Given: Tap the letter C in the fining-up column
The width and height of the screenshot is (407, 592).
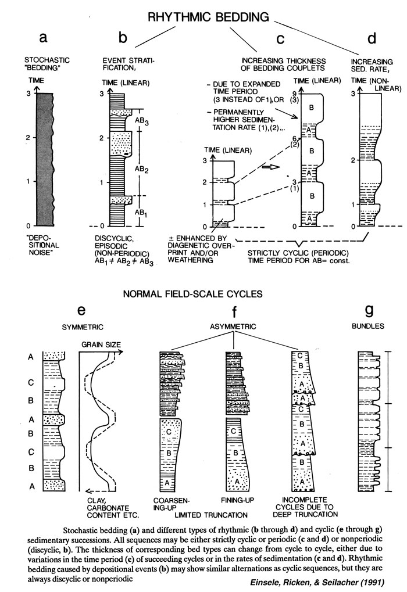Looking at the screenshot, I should point(233,431).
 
